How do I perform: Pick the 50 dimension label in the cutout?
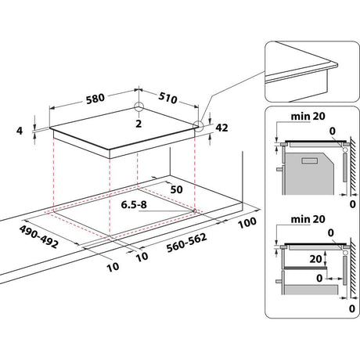pyautogui.click(x=175, y=189)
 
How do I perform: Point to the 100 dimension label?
pyautogui.click(x=249, y=222)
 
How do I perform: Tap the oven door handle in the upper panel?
pyautogui.click(x=280, y=165)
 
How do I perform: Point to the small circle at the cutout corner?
pyautogui.click(x=193, y=211)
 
